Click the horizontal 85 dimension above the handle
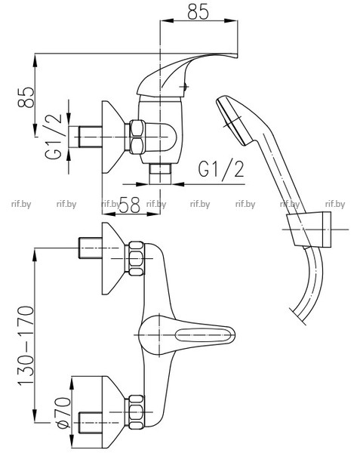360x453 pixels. click(198, 12)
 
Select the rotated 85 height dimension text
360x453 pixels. click(26, 97)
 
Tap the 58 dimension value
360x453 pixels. click(130, 205)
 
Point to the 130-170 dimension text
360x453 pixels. click(26, 345)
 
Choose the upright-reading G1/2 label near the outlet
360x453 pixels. click(221, 169)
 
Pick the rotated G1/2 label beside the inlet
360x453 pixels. click(54, 136)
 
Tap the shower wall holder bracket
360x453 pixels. click(309, 230)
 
